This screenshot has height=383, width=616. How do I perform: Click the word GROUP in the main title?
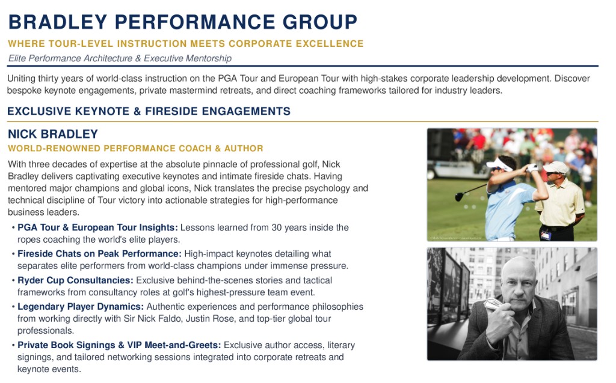pyautogui.click(x=320, y=22)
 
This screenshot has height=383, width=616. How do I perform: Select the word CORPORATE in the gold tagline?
pyautogui.click(x=260, y=43)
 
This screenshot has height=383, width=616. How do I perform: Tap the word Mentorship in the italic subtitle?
pyautogui.click(x=209, y=58)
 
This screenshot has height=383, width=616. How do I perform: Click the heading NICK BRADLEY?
pyautogui.click(x=53, y=134)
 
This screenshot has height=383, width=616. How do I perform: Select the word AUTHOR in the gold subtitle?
pyautogui.click(x=244, y=148)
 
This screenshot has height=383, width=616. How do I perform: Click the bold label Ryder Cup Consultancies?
pyautogui.click(x=75, y=280)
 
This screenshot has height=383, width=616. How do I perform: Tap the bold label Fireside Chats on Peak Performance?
pyautogui.click(x=99, y=254)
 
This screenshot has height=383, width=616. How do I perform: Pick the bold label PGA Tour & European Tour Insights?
pyautogui.click(x=97, y=228)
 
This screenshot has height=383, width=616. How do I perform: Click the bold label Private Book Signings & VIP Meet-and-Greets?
pyautogui.click(x=119, y=345)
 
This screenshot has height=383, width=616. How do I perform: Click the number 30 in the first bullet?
pyautogui.click(x=277, y=228)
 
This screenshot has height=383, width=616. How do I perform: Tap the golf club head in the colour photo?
pyautogui.click(x=459, y=196)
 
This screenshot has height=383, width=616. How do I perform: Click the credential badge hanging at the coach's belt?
pyautogui.click(x=546, y=235)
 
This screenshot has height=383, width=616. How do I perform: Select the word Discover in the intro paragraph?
pyautogui.click(x=572, y=79)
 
